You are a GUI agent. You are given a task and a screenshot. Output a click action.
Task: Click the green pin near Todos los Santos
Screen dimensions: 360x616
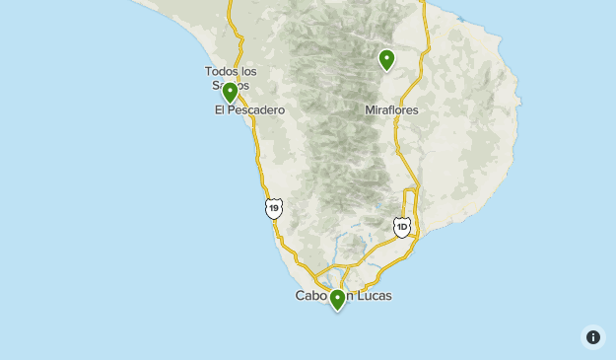(230, 93)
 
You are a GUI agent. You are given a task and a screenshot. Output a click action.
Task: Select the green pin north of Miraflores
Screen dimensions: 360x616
(386, 60)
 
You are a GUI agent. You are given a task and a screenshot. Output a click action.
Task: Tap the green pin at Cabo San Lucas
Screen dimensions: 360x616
(337, 299)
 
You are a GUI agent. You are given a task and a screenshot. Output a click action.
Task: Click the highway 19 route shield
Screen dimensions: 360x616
(274, 208)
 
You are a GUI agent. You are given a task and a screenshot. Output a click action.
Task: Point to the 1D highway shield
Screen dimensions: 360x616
(401, 228)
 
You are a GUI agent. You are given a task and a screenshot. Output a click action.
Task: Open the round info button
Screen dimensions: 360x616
(593, 337)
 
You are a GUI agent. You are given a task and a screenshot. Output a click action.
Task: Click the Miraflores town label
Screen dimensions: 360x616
(391, 110)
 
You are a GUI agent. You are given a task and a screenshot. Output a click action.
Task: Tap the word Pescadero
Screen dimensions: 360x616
(257, 110)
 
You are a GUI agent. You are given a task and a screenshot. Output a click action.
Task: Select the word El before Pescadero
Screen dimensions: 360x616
(220, 110)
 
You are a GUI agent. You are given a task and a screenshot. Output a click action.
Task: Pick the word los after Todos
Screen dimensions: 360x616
(248, 71)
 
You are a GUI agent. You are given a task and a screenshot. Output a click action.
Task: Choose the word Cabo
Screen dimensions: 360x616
(310, 296)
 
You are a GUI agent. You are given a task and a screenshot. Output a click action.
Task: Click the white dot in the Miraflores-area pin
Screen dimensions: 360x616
(386, 58)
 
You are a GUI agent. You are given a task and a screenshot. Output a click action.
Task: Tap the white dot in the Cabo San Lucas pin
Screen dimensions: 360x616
(337, 296)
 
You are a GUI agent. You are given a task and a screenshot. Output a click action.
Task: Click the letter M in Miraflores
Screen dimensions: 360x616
(370, 110)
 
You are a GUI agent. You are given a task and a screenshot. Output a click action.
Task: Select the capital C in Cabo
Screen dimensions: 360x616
(300, 296)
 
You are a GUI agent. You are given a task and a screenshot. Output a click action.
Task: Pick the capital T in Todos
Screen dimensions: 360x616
(208, 71)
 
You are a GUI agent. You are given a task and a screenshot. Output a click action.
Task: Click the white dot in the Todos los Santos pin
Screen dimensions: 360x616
(230, 91)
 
